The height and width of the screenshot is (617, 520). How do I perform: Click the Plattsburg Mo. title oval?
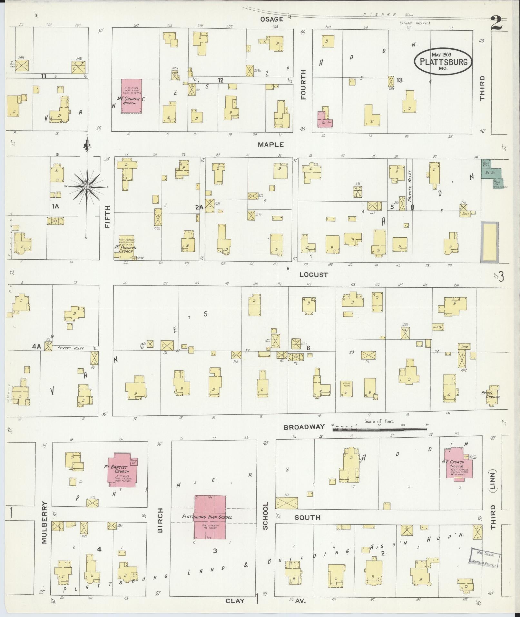click(443, 61)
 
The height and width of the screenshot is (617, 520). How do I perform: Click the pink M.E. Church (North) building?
click(132, 96)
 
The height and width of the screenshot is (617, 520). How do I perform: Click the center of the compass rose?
click(86, 187)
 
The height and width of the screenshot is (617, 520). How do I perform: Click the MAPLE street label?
click(270, 145)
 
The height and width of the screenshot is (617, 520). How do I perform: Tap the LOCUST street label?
click(313, 275)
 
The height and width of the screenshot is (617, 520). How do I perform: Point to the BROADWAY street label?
click(304, 427)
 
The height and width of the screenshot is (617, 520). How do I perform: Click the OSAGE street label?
click(271, 19)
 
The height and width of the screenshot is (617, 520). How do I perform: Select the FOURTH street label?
click(303, 85)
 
